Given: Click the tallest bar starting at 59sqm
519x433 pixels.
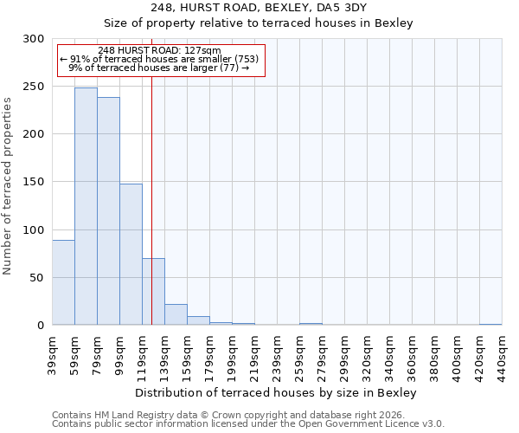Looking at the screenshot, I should click(86, 206).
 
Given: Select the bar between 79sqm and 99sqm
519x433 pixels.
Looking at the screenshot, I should click(108, 210).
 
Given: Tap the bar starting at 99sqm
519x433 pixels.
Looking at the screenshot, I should click(131, 254).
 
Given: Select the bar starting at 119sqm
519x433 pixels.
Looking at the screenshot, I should click(153, 291).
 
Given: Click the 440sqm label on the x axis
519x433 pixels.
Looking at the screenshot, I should click(502, 355).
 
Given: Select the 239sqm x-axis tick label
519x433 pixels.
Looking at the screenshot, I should click(277, 355).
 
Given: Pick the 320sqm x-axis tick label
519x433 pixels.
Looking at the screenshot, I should click(367, 355).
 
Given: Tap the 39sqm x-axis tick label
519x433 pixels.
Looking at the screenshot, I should click(52, 355).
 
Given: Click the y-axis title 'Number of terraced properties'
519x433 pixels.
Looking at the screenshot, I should click(8, 186).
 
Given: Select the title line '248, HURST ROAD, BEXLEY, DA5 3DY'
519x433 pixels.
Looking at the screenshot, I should click(259, 8).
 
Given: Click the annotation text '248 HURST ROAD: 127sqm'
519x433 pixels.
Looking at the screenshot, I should click(160, 51).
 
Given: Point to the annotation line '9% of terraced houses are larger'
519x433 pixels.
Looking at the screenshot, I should click(160, 68).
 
